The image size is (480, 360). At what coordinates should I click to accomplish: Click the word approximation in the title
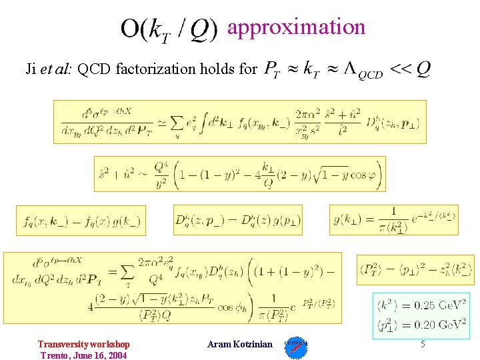pos(296,27)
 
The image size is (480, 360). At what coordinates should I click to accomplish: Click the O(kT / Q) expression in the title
pos(169,30)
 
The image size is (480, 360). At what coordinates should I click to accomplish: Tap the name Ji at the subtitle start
pos(31,69)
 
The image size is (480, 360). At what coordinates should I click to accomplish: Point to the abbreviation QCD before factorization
pos(95,69)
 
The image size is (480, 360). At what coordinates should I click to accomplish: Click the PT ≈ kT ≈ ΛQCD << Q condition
pos(347,69)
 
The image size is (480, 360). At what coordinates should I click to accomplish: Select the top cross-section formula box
pos(240,121)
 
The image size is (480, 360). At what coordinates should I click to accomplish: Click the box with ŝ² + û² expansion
pos(239,173)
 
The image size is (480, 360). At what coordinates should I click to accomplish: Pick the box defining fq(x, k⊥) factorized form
pos(81,220)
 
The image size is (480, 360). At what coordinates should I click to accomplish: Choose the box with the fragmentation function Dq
pos(237,220)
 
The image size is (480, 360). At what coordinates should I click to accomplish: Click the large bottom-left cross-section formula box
pos(173,287)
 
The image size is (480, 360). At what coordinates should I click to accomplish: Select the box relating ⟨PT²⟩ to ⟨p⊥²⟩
pos(415,269)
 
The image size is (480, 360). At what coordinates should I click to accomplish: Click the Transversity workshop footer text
pos(83,344)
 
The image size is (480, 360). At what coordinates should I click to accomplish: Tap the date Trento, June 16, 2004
pos(83,355)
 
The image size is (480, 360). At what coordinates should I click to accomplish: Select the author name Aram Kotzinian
pos(240,344)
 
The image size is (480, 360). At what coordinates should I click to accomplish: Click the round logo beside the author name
pos(295,347)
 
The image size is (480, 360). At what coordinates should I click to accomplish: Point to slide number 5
pos(422,344)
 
